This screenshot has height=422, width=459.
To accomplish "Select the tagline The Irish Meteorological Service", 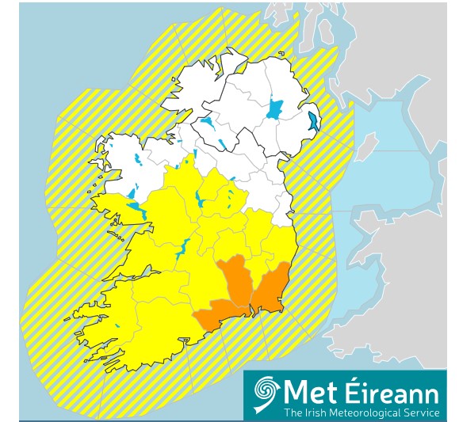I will point(361,412).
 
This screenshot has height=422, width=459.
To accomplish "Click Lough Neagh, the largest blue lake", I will point(275,108).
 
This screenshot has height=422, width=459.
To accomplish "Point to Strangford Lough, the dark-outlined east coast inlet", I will point(314,121).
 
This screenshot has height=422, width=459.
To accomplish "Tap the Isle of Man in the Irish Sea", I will point(365,148).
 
